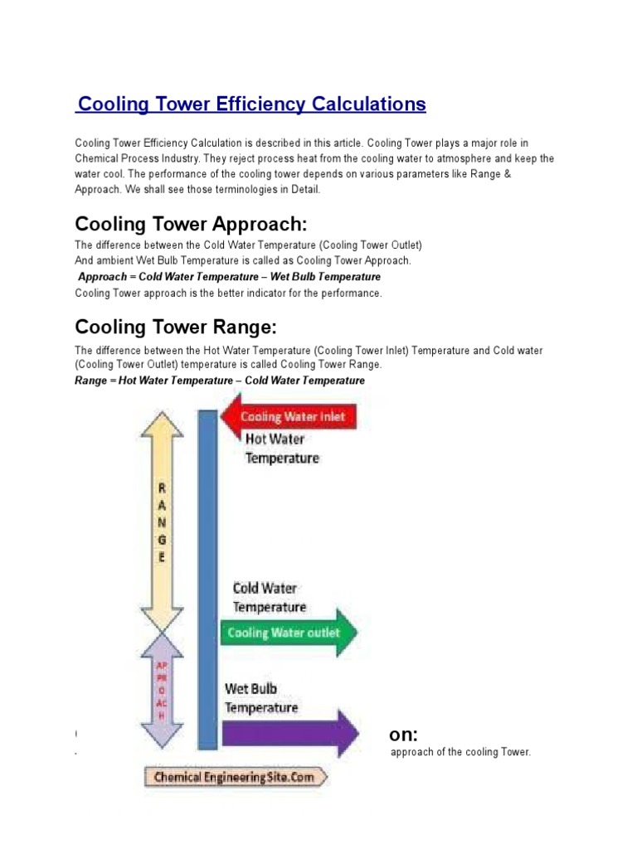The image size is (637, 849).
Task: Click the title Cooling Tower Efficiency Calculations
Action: click(251, 104)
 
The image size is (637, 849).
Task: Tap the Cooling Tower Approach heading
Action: click(192, 225)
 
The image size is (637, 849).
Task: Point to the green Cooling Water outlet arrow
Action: click(290, 633)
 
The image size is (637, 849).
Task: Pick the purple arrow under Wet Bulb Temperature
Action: click(290, 733)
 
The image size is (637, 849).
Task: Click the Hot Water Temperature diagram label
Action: click(280, 449)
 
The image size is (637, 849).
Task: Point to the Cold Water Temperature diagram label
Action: click(269, 598)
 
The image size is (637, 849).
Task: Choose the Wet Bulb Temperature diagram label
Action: click(261, 698)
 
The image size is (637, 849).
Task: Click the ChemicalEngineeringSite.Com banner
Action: click(235, 778)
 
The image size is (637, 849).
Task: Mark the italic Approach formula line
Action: click(229, 277)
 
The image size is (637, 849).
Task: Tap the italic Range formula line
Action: click(220, 381)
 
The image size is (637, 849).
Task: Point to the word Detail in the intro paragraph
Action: click(299, 190)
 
